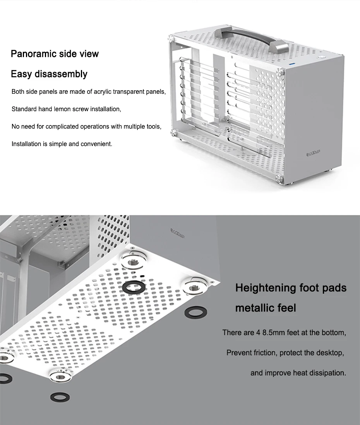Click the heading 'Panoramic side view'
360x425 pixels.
coord(55,53)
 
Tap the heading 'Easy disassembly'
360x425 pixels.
coord(49,74)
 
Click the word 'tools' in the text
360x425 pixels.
coord(153,127)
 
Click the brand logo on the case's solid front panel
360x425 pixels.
coord(317,154)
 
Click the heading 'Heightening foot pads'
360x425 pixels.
coord(291,288)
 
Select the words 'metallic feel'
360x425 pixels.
coord(266,308)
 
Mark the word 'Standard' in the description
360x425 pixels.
coord(24,109)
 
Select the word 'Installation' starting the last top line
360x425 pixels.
coord(26,144)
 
